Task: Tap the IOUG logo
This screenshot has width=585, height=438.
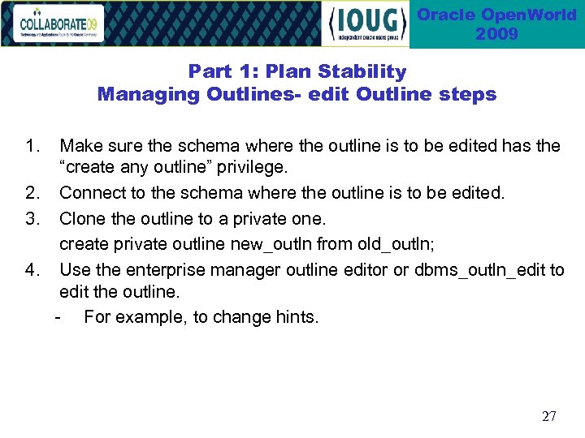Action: coord(366,24)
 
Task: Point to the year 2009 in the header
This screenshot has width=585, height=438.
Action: coord(497,34)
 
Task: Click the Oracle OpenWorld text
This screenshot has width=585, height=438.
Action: coord(497,15)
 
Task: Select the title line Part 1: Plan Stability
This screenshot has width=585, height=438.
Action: coord(297,71)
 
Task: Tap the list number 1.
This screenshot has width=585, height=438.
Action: coord(32,146)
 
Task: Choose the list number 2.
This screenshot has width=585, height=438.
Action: coord(32,193)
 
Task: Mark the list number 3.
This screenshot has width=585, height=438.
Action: coord(32,218)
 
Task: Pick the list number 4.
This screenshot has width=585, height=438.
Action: coord(32,268)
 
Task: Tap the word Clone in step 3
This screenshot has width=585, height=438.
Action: coord(82,218)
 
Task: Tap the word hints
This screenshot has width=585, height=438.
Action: coord(297,316)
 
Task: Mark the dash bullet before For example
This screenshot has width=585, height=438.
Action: coord(56,316)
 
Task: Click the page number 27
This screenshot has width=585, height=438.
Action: coord(548,416)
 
